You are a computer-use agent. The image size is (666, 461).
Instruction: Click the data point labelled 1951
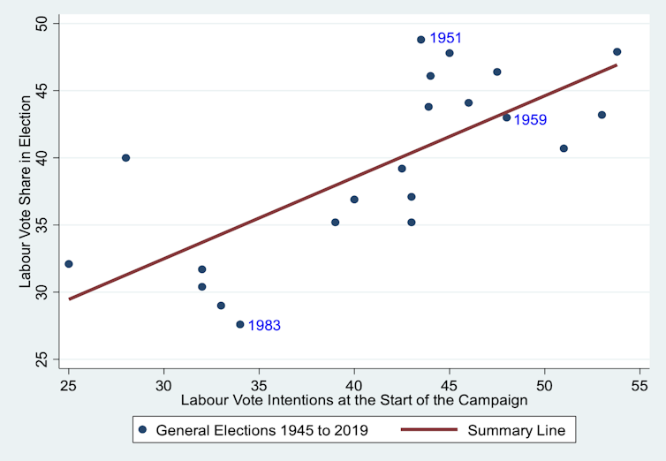coord(421,40)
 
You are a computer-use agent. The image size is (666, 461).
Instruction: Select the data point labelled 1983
coord(240,324)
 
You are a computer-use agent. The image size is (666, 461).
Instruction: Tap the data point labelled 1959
coord(507,117)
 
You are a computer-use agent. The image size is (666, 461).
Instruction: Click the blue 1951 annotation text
coord(445,39)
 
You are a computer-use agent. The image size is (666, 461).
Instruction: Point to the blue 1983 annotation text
coord(264,326)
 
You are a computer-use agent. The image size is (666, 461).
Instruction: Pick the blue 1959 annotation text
coord(531,120)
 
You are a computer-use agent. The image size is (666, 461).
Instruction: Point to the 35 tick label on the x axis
coord(259,385)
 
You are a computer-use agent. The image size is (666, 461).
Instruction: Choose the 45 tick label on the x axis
coord(450,385)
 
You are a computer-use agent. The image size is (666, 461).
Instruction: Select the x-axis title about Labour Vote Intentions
coord(354,400)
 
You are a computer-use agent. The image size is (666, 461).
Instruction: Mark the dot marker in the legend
coord(143,430)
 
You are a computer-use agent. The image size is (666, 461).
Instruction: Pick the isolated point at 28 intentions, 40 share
coord(125,158)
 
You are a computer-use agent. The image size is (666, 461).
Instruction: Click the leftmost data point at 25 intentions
coord(69,264)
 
